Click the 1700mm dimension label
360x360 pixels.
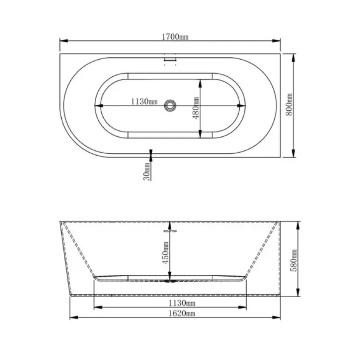click(175, 36)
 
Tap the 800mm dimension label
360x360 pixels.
click(290, 104)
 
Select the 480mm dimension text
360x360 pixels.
click(196, 108)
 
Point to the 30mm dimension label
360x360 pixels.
click(147, 171)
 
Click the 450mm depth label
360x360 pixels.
click(166, 252)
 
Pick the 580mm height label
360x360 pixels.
click(294, 260)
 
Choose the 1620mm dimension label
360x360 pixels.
click(182, 313)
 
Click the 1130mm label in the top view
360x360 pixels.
click(144, 101)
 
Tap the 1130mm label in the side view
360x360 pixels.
click(182, 303)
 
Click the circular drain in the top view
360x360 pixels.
click(170, 106)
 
